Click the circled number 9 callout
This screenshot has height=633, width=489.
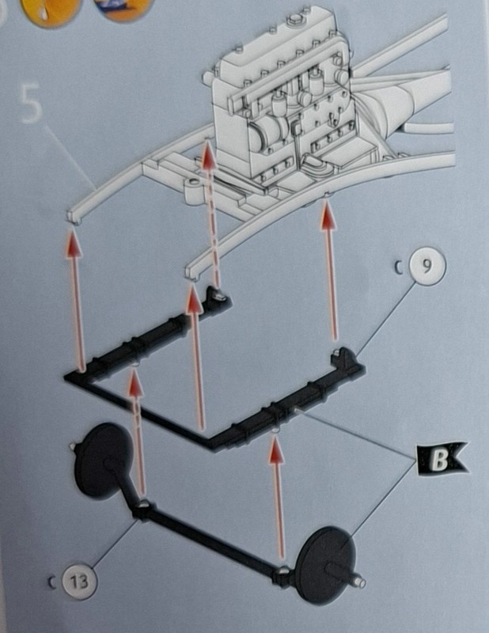427,267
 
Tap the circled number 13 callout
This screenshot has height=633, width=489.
79,582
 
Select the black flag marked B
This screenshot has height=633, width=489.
442,459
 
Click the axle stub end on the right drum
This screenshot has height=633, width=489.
360,583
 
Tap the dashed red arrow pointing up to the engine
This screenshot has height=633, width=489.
212,213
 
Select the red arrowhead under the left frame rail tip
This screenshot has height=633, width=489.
74,243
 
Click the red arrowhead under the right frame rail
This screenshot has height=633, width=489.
328,218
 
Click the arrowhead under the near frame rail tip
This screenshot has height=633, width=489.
194,299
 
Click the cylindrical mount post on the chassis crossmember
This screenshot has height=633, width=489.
194,190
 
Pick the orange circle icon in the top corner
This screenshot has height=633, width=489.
47,11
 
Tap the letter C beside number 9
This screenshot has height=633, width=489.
400,268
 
